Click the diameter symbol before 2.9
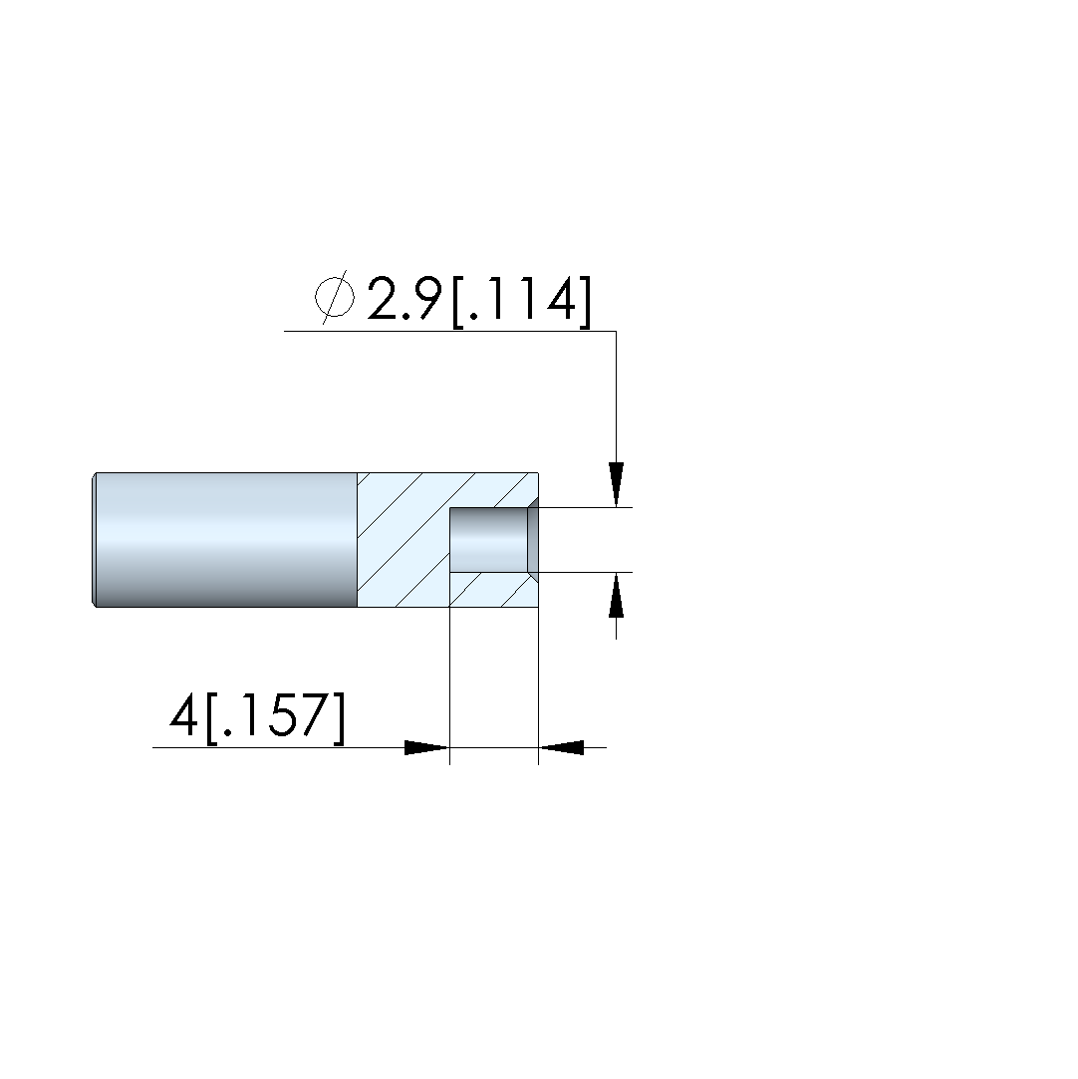click(x=335, y=297)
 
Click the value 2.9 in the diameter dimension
click(x=404, y=299)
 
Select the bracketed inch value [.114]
click(x=521, y=301)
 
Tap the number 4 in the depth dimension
click(x=183, y=714)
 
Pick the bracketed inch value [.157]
click(x=275, y=717)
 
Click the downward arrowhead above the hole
click(x=616, y=484)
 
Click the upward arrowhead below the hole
click(x=616, y=595)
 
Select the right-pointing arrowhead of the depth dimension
click(x=426, y=747)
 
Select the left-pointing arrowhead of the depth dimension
click(x=561, y=747)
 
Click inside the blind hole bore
click(x=488, y=540)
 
